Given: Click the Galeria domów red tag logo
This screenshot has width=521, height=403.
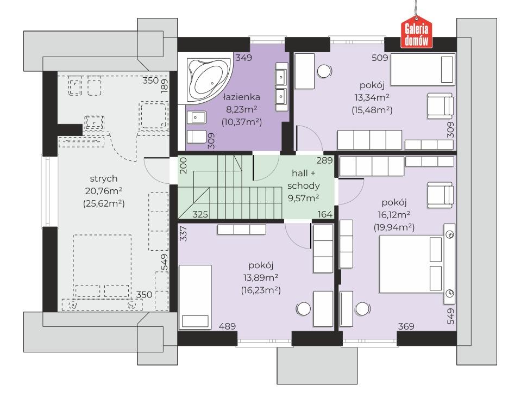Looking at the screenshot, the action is click(416, 32).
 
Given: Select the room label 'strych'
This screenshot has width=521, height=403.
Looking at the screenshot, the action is click(104, 179).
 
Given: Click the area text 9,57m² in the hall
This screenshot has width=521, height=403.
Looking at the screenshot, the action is click(303, 199).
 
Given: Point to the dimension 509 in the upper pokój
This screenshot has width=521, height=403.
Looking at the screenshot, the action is click(380, 58).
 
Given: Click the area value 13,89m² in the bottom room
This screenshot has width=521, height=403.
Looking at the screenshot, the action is click(261, 278).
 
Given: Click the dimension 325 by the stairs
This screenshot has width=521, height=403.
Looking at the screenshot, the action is click(200, 214).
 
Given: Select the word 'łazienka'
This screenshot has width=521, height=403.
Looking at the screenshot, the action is click(242, 97).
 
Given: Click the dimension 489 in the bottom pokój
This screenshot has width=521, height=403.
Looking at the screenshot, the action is click(227, 326).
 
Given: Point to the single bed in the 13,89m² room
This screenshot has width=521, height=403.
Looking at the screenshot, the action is click(196, 297).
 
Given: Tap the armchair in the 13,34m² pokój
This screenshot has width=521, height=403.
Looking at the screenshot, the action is click(440, 106).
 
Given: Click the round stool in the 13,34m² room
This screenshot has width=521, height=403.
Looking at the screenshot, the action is click(324, 71).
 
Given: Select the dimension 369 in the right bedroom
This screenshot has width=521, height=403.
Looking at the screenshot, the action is click(406, 326).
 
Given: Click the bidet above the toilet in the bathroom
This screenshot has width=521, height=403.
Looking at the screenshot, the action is click(197, 117).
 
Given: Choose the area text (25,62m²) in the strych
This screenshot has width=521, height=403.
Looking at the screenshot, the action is click(104, 203).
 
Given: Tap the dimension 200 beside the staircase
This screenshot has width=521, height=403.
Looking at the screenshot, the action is click(184, 165).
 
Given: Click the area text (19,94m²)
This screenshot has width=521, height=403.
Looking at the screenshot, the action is click(394, 227).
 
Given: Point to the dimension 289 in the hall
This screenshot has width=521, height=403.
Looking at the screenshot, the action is click(325, 160).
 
